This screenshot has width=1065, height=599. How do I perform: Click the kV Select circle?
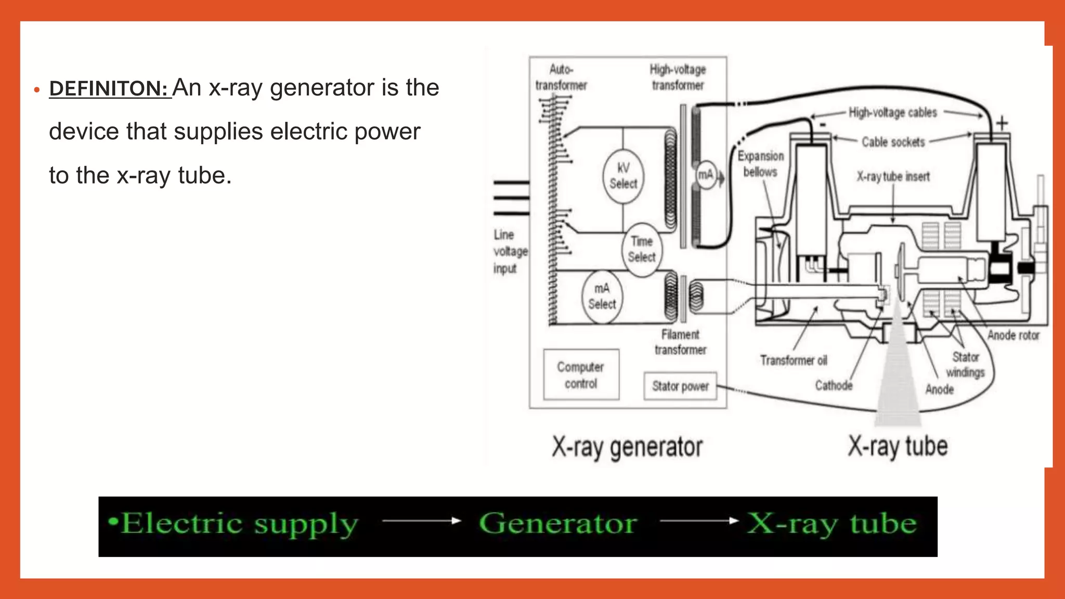pos(623,176)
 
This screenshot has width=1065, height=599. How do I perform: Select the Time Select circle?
pos(642,250)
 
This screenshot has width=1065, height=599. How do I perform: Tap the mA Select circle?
pos(602,297)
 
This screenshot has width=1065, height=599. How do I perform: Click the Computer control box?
pos(581,375)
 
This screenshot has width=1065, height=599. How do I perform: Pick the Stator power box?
pos(680,386)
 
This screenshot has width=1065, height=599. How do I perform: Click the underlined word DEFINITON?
pos(109,88)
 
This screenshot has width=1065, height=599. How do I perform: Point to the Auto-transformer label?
pos(561,77)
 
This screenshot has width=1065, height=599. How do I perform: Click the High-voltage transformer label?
pos(678,77)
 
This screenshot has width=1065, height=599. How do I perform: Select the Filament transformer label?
pos(680,342)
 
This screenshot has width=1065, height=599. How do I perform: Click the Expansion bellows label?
pos(760,164)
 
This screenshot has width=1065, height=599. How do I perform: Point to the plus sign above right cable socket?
pos(1002,124)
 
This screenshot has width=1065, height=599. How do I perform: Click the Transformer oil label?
pos(793,360)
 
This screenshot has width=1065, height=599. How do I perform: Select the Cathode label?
pos(834,385)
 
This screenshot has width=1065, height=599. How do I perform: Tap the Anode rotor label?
pos(1013,335)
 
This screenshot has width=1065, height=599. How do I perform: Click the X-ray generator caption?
pos(627,447)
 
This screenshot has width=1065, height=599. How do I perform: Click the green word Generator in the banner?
pos(557,523)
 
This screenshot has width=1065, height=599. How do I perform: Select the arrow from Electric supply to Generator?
pos(421,520)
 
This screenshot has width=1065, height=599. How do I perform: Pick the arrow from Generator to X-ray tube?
pos(699,520)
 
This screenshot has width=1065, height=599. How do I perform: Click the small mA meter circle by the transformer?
pos(705,175)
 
